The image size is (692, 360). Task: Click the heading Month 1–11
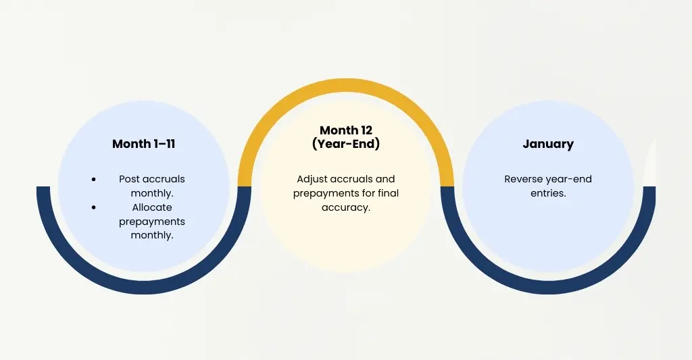143,144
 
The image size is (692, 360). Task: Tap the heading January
548,144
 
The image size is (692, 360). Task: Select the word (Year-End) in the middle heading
345,143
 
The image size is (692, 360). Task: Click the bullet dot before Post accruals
93,180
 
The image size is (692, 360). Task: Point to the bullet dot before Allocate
93,207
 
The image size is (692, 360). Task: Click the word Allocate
152,207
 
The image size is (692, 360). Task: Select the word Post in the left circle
130,179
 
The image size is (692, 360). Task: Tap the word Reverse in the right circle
523,179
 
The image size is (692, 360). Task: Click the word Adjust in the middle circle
312,179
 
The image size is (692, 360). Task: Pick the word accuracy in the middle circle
346,207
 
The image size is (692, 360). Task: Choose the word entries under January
548,193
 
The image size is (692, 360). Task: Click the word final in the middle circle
386,193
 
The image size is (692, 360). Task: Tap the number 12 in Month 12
365,130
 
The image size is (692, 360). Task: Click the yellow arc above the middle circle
345,88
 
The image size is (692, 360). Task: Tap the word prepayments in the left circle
152,222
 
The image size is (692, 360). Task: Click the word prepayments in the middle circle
327,193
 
